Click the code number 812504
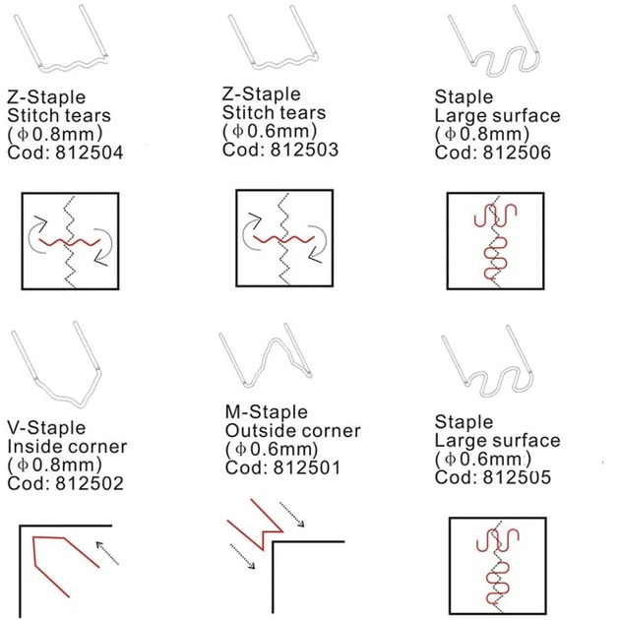(x=90, y=153)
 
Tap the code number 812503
(x=304, y=150)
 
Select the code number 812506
(x=517, y=153)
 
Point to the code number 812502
(x=90, y=483)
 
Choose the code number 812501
(x=307, y=467)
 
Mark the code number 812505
(x=517, y=477)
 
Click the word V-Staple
(x=46, y=428)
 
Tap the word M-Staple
(x=267, y=412)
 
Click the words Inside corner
(x=67, y=447)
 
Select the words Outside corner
(x=293, y=431)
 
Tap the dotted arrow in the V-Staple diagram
(x=107, y=553)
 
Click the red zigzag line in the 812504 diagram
(x=70, y=242)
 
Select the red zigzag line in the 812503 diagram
(x=283, y=239)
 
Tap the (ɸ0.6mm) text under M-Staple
(x=272, y=449)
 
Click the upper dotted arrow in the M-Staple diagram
(x=292, y=514)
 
